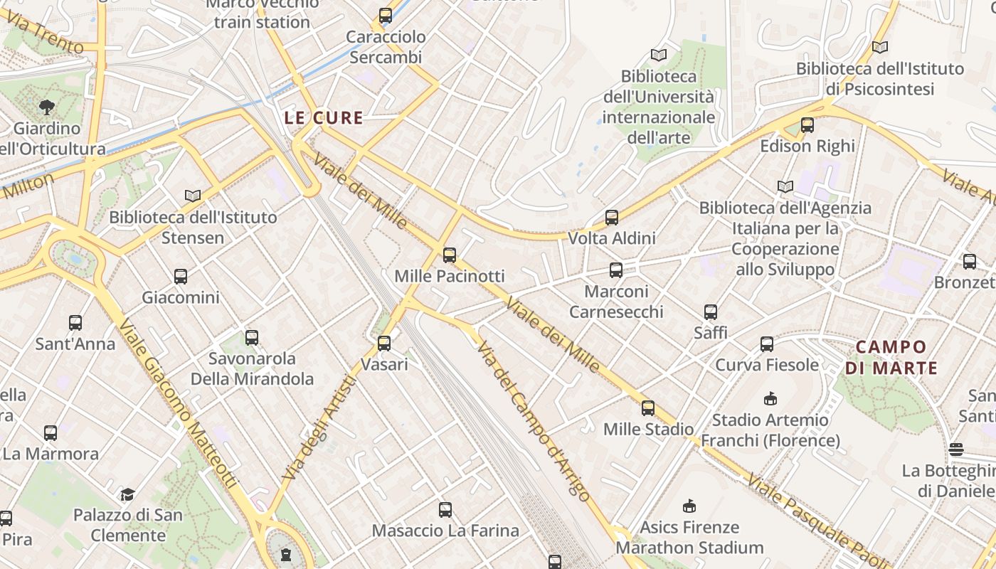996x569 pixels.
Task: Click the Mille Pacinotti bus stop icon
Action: (x=450, y=255)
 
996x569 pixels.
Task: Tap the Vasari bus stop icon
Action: (x=384, y=344)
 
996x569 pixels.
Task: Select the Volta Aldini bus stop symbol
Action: (x=612, y=218)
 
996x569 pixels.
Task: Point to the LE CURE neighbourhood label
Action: (x=324, y=118)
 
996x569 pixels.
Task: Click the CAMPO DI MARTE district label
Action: (x=891, y=358)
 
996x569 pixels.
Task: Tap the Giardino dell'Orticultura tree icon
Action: (x=47, y=107)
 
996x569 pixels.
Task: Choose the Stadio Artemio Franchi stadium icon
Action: (x=770, y=398)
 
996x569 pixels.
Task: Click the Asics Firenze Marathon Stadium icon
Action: (x=689, y=506)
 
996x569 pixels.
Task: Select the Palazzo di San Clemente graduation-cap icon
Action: (x=128, y=494)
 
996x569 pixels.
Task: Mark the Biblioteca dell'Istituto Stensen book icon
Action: (x=192, y=196)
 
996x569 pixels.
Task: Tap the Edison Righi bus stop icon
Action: (x=807, y=125)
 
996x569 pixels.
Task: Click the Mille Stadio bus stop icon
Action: (x=647, y=408)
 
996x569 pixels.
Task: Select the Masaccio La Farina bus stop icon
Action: (x=445, y=510)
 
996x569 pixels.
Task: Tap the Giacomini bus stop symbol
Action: (x=181, y=277)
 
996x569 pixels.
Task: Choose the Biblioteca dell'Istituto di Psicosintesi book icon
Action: (x=880, y=48)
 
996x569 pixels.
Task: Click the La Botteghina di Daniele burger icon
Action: (x=956, y=450)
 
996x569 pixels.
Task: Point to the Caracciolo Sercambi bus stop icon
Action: (x=386, y=15)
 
